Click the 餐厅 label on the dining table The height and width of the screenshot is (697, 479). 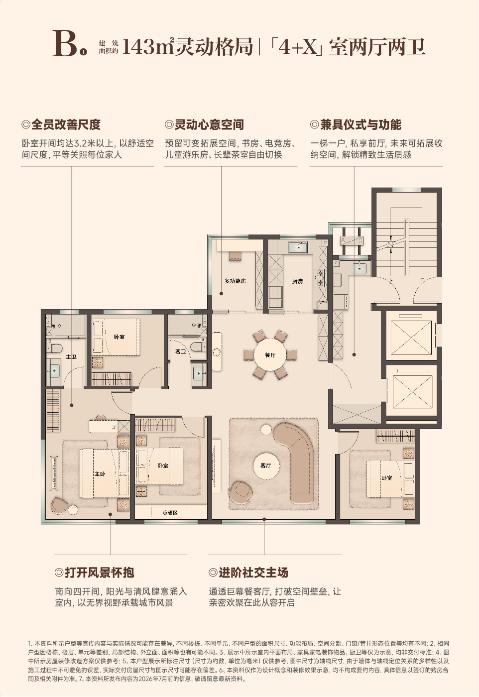[270, 355]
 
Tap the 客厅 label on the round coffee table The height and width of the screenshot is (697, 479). [265, 465]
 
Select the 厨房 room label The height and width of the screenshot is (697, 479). [297, 281]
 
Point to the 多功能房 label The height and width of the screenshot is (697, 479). [235, 281]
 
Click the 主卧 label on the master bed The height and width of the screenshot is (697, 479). [100, 474]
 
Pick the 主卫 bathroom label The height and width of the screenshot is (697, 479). [71, 356]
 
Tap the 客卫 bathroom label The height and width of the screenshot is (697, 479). [181, 351]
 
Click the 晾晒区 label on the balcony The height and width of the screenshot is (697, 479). [170, 513]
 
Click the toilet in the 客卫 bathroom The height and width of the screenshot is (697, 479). [198, 347]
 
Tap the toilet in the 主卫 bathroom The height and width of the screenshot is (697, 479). [54, 348]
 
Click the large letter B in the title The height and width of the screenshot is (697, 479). [65, 44]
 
